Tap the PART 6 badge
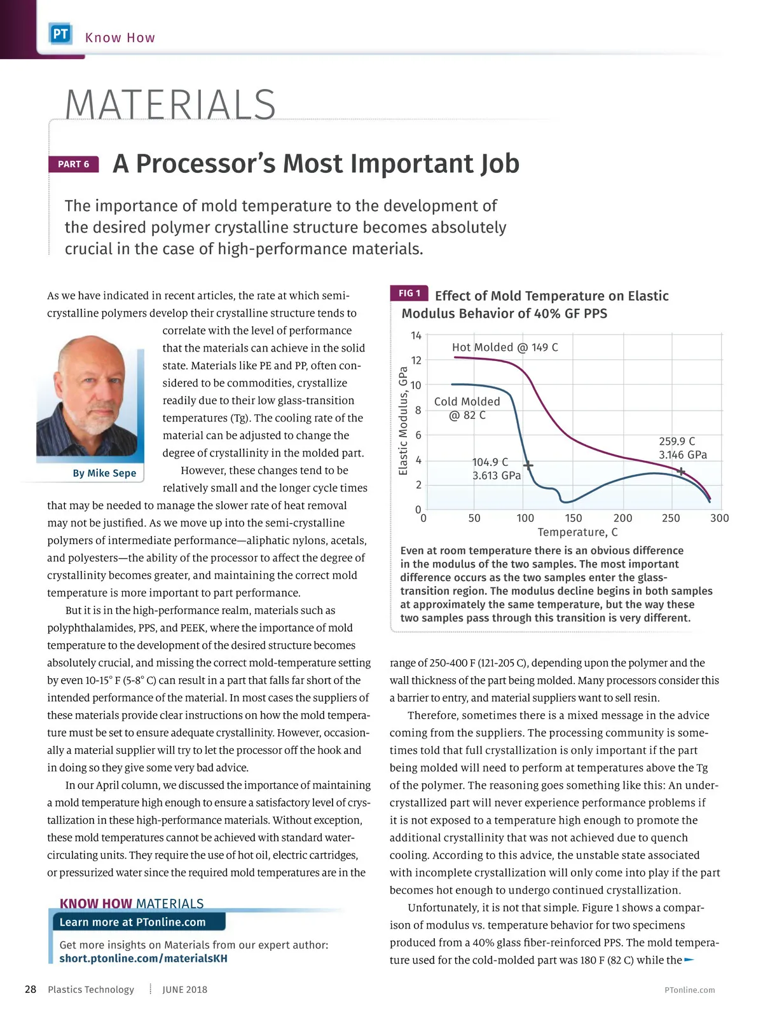click(74, 164)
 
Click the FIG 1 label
click(409, 293)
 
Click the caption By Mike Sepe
click(104, 473)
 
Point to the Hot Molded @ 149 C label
click(505, 347)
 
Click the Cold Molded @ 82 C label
click(467, 408)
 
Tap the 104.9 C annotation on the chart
click(490, 462)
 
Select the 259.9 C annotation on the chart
click(677, 441)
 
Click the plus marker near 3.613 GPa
click(528, 466)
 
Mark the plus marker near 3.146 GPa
click(681, 472)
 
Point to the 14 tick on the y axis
click(416, 336)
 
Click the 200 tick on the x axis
click(622, 518)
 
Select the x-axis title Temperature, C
click(577, 532)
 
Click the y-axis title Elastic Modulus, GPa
click(402, 421)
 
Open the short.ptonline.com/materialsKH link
click(143, 959)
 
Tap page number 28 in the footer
click(30, 989)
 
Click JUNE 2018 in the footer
click(184, 990)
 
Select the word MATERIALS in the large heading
click(170, 104)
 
